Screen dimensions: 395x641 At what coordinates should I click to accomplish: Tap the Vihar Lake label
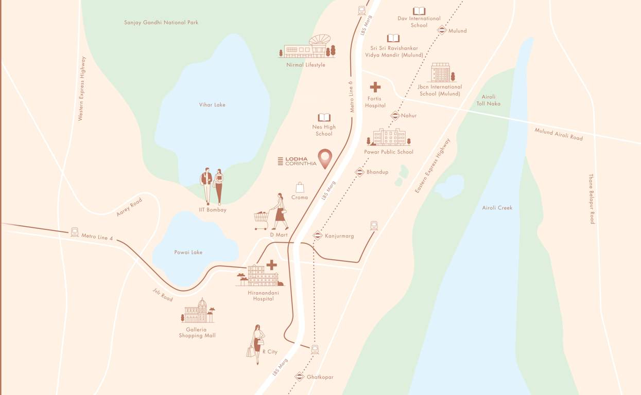[212, 105]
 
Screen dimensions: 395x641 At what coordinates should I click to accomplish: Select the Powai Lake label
[188, 253]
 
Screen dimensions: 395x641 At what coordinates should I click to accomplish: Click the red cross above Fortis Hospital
[375, 87]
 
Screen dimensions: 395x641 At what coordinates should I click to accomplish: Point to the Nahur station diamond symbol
[395, 116]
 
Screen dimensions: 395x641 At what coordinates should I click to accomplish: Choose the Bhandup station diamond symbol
[359, 172]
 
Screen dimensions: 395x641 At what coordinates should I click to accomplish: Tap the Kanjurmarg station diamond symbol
[318, 236]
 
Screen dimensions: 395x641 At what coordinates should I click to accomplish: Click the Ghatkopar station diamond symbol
[299, 376]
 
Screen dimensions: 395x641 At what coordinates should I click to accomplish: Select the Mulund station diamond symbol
[441, 30]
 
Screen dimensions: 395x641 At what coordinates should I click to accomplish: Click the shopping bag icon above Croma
[300, 187]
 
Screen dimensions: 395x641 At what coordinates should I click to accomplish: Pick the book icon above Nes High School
[324, 118]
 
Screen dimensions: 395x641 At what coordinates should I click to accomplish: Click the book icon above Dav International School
[419, 11]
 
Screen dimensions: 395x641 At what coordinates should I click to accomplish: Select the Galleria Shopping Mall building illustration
[198, 312]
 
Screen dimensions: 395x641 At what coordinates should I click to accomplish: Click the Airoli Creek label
[497, 208]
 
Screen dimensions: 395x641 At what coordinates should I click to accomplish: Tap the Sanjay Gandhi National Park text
[161, 23]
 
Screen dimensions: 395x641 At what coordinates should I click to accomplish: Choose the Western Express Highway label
[82, 88]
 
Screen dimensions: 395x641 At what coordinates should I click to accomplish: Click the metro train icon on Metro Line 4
[75, 232]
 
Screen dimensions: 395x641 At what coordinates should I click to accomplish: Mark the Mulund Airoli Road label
[559, 134]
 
